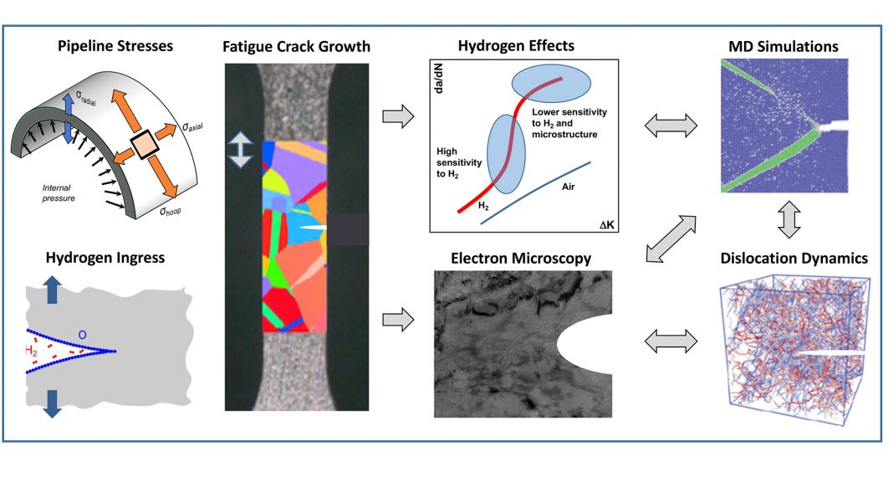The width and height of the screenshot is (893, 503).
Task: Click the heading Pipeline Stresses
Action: [115, 44]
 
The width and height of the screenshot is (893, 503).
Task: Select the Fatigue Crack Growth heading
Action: [296, 44]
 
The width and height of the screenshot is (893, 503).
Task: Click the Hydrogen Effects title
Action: [516, 44]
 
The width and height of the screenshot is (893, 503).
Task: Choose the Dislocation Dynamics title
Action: [794, 259]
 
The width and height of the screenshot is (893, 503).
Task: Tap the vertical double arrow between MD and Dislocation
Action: [789, 219]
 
